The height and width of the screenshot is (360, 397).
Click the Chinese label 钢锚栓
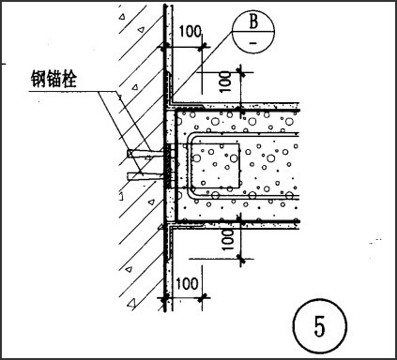(x=53, y=79)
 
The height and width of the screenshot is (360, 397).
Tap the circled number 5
(x=320, y=326)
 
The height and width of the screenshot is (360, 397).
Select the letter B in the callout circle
(x=253, y=22)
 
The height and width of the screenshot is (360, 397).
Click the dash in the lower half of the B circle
(x=253, y=42)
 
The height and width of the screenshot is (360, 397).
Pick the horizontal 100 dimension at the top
(x=190, y=31)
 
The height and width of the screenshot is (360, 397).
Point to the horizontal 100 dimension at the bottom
(x=187, y=283)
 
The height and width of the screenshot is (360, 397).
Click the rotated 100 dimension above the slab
(x=226, y=82)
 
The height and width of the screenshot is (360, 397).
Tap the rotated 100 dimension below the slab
(x=228, y=239)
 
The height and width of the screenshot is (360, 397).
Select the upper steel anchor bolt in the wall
(x=145, y=153)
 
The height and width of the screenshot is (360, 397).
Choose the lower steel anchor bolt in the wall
(x=145, y=176)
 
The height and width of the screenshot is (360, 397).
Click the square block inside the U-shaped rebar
(x=215, y=166)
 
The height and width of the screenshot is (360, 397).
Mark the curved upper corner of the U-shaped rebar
(x=191, y=138)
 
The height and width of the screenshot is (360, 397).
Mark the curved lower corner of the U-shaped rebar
(x=192, y=193)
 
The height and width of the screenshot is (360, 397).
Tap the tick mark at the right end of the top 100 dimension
(x=202, y=47)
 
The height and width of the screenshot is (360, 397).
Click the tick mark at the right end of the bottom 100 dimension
(x=202, y=298)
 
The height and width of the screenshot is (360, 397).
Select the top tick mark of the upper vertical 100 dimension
(x=240, y=72)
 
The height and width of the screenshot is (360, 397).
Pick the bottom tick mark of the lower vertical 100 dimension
(x=240, y=259)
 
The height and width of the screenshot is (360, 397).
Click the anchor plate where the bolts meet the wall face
(x=170, y=166)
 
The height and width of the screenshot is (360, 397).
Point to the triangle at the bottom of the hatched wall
(x=131, y=303)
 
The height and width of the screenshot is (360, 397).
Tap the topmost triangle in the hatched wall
(x=122, y=16)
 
